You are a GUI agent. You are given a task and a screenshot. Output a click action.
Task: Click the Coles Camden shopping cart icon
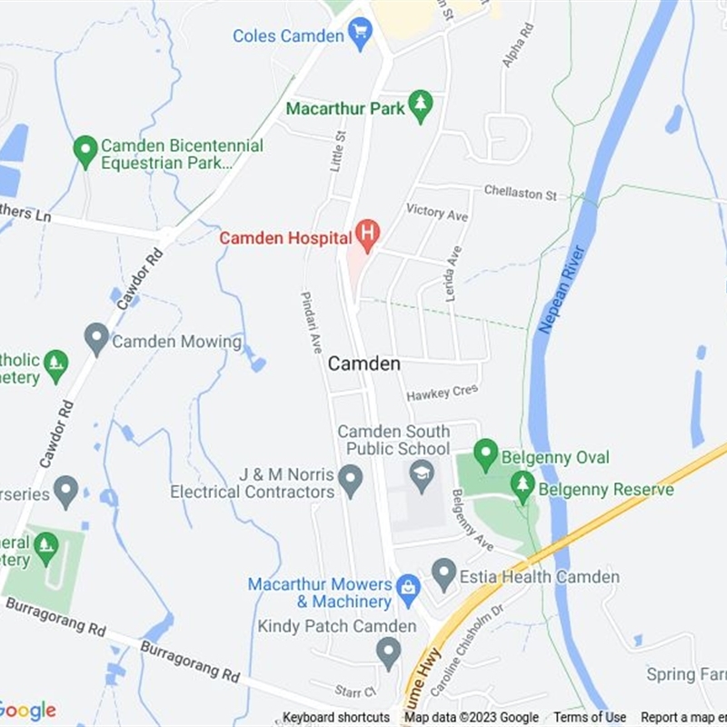pyautogui.click(x=360, y=35)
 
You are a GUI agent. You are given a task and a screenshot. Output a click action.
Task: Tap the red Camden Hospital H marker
pyautogui.click(x=367, y=236)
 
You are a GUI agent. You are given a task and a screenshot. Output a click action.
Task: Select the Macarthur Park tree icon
pyautogui.click(x=419, y=107)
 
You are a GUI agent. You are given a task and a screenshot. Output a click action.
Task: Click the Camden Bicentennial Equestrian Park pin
pyautogui.click(x=85, y=151)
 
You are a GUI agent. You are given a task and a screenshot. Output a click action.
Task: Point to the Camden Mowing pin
pyautogui.click(x=96, y=341)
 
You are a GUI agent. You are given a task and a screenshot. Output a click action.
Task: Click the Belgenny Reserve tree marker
pyautogui.click(x=523, y=487)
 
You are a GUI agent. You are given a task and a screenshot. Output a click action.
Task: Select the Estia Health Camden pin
pyautogui.click(x=443, y=574)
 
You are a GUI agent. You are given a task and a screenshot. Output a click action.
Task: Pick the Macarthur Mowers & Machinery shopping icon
pyautogui.click(x=408, y=592)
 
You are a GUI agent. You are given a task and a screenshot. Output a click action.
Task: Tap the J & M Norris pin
pyautogui.click(x=350, y=479)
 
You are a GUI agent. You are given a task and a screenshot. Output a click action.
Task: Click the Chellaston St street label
pyautogui.click(x=520, y=194)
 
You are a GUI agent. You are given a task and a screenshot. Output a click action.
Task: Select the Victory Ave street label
pyautogui.click(x=436, y=213)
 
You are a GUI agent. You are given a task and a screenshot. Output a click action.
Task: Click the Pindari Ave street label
pyautogui.click(x=312, y=323)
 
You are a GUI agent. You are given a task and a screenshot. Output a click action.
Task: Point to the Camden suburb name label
pyautogui.click(x=363, y=363)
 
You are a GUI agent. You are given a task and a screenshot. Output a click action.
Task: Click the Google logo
pyautogui.click(x=27, y=711)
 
